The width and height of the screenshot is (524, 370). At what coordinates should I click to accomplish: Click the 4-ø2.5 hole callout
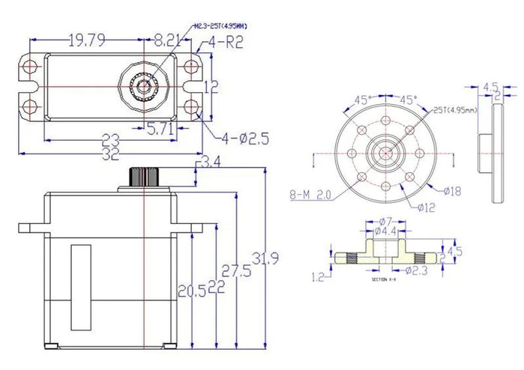click(x=245, y=138)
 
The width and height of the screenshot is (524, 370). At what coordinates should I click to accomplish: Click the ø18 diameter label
click(x=452, y=192)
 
